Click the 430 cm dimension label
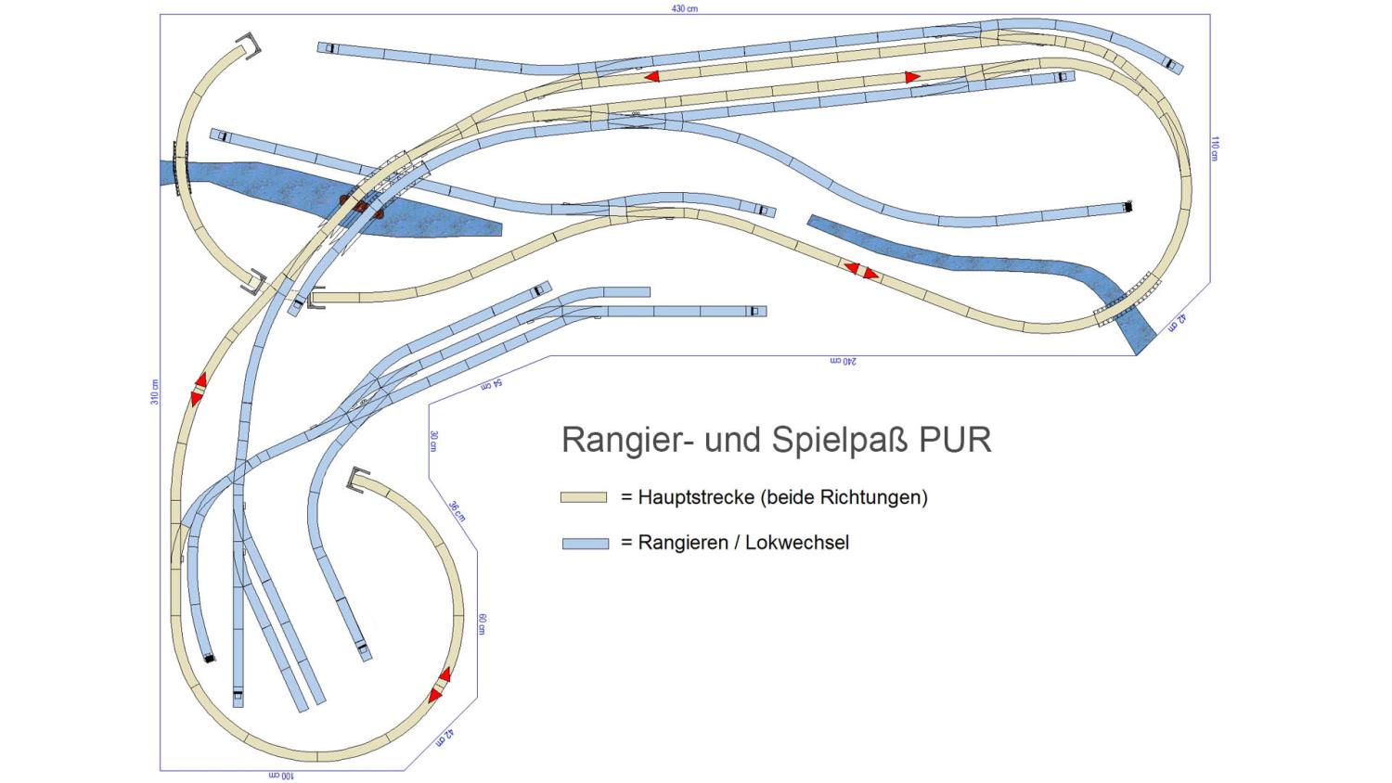pos(684,8)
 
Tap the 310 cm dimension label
pos(155,392)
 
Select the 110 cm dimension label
pos(1214,148)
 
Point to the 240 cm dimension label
pos(844,361)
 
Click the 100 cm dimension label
pos(281,777)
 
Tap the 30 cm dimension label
pos(433,441)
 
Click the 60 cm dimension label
pos(483,624)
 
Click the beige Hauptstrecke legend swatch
pos(584,497)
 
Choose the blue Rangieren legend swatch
pos(586,543)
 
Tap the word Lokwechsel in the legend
pos(797,543)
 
